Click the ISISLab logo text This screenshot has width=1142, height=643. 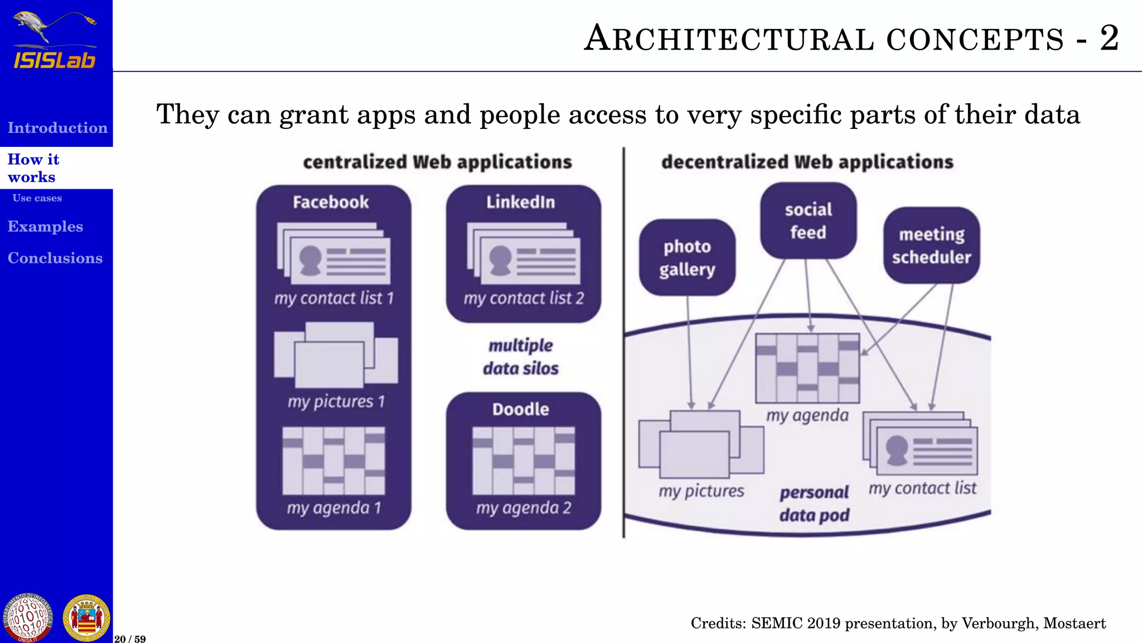[x=55, y=60]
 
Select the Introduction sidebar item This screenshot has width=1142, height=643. [x=57, y=128]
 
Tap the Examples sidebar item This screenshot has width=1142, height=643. [x=45, y=227]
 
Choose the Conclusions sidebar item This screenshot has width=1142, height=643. [x=55, y=258]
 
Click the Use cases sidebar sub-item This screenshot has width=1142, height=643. [x=37, y=198]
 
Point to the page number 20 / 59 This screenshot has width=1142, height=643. [x=130, y=639]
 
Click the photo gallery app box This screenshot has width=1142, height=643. [x=687, y=257]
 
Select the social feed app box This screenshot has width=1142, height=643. [x=808, y=220]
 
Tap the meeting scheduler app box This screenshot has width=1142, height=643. [x=931, y=246]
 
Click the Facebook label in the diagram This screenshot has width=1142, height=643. [x=331, y=202]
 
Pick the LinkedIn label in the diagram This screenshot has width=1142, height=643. [x=520, y=202]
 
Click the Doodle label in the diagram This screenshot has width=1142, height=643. [x=520, y=409]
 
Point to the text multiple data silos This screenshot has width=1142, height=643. [x=521, y=357]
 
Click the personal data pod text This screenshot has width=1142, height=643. [x=814, y=503]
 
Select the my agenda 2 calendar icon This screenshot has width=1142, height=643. [x=523, y=460]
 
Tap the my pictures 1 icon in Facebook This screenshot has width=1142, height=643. [x=336, y=354]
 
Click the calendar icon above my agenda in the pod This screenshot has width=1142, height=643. [x=807, y=368]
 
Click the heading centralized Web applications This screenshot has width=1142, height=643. [x=437, y=162]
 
